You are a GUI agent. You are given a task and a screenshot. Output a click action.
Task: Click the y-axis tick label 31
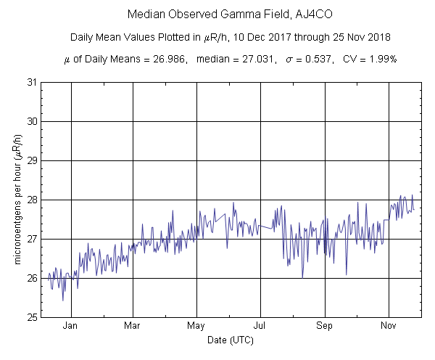click(32, 82)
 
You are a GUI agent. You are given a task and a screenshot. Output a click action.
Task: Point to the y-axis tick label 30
click(32, 121)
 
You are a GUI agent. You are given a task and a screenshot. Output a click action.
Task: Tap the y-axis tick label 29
click(32, 160)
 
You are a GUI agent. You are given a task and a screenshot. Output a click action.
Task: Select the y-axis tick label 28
click(32, 200)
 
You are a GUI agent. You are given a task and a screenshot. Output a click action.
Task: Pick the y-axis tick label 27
click(32, 239)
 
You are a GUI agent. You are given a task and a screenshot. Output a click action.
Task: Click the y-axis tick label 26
click(32, 278)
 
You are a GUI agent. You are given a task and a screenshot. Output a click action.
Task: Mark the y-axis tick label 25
click(32, 317)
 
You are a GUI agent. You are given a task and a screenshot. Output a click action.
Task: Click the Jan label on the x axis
click(70, 326)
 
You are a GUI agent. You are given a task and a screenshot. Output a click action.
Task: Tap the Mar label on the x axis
click(133, 326)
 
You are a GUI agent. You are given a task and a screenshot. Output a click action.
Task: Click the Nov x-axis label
click(389, 326)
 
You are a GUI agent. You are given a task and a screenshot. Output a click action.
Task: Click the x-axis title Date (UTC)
click(231, 339)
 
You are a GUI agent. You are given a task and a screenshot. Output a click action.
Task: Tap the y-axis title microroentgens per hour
click(18, 200)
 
